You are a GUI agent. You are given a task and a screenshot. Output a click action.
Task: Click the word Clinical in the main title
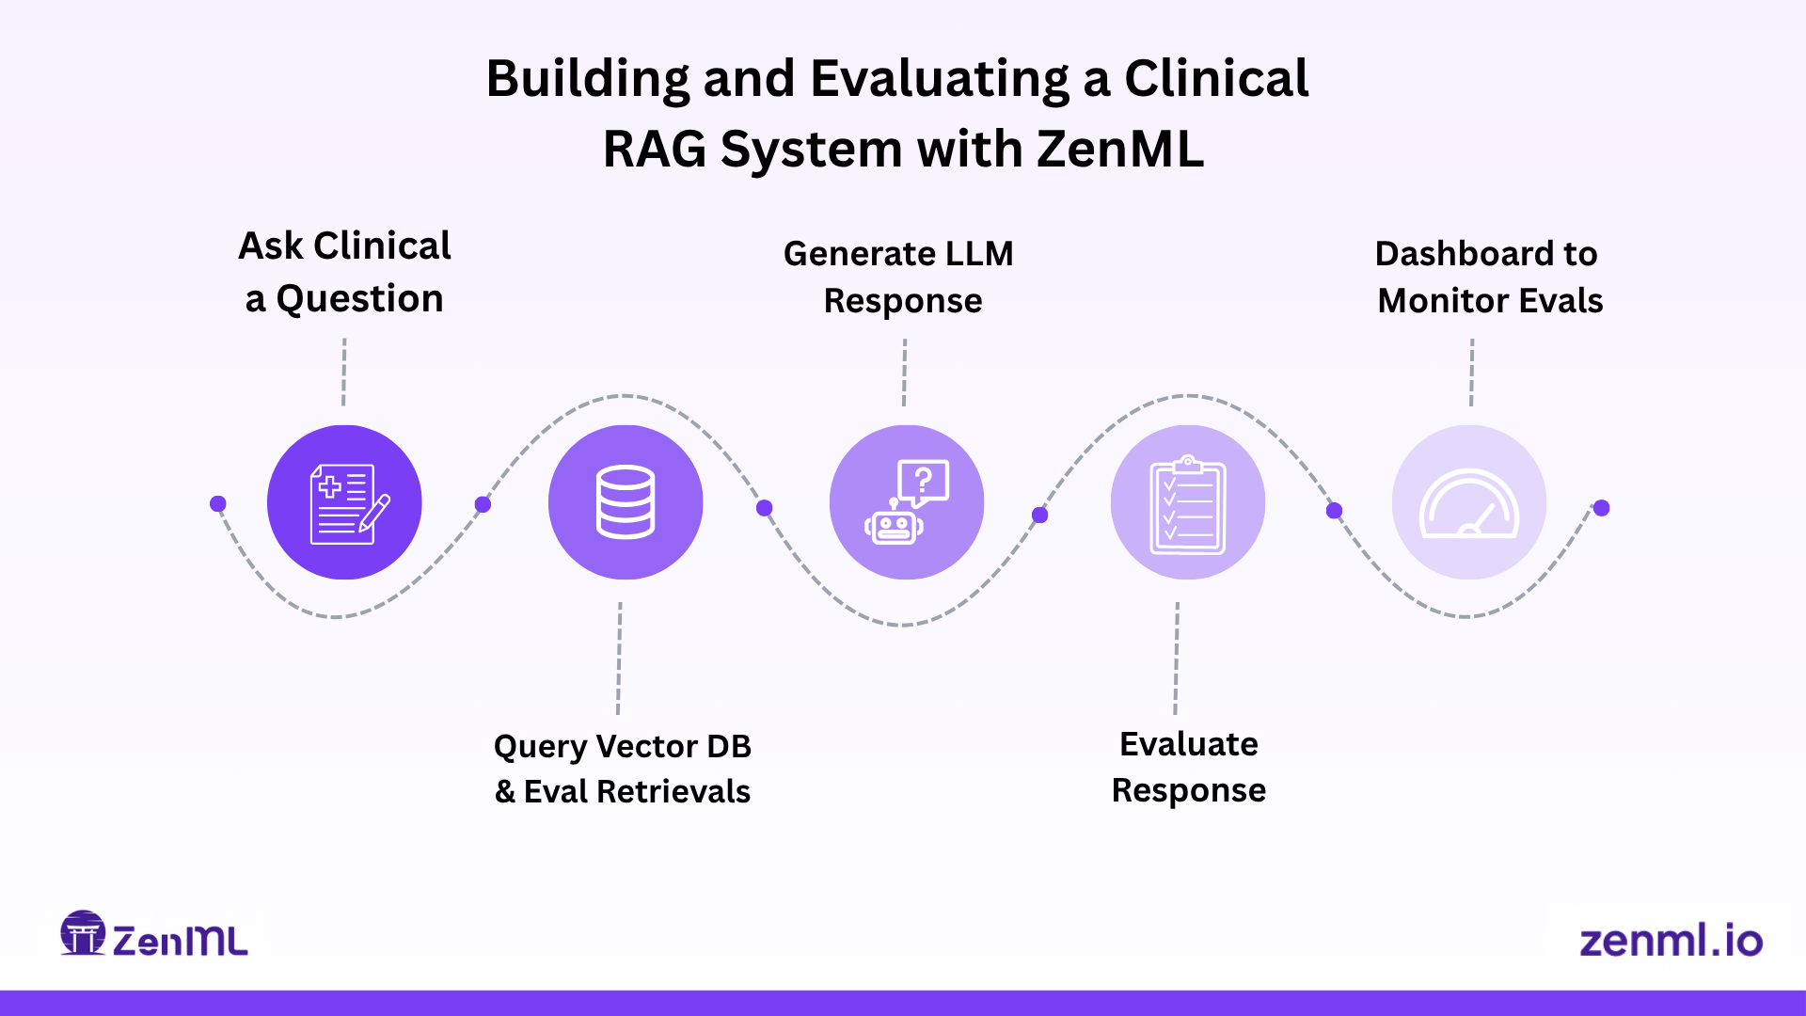[x=1215, y=78]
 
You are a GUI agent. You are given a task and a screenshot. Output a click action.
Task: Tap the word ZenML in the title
[x=1119, y=149]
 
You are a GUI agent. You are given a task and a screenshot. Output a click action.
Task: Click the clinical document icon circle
[x=344, y=502]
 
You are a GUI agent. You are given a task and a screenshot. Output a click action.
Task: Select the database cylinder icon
[x=626, y=502]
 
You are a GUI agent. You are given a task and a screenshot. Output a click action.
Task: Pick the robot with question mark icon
[x=907, y=502]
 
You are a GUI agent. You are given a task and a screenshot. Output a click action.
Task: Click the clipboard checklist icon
[x=1187, y=502]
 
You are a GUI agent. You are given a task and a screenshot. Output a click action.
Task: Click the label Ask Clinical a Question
[x=344, y=272]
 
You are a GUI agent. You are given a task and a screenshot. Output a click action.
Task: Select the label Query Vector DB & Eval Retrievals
[x=623, y=769]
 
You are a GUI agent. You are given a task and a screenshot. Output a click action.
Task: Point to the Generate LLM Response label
[x=900, y=277]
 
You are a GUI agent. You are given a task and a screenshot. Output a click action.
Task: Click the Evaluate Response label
[x=1188, y=767]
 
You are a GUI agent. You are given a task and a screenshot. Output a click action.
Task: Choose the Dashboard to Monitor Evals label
[x=1488, y=277]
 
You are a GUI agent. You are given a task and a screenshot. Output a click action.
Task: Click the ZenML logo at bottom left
[x=154, y=936]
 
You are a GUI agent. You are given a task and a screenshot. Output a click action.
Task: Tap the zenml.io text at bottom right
[x=1671, y=941]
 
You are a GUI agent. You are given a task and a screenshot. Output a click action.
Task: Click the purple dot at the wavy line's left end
[x=218, y=504]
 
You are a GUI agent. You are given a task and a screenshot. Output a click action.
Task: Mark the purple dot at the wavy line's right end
[x=1602, y=508]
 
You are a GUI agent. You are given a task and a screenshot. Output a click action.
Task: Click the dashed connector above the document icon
[x=344, y=372]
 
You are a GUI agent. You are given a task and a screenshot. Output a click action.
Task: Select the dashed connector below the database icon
[x=619, y=659]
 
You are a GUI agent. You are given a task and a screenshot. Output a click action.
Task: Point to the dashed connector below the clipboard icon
[x=1176, y=659]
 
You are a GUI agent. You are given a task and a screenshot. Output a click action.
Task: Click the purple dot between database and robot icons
[x=765, y=508]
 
